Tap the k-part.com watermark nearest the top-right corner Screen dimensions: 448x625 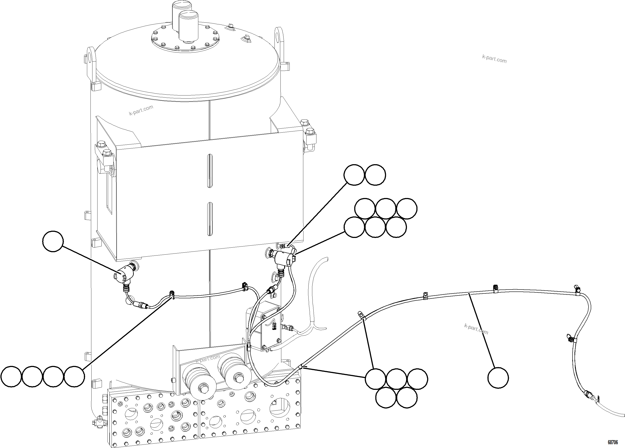494,59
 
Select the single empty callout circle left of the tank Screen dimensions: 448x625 53,241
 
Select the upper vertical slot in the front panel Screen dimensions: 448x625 210,171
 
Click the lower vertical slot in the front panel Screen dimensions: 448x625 210,219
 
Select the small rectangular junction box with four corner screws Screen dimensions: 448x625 271,326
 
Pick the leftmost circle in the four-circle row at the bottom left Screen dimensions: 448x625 11,376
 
